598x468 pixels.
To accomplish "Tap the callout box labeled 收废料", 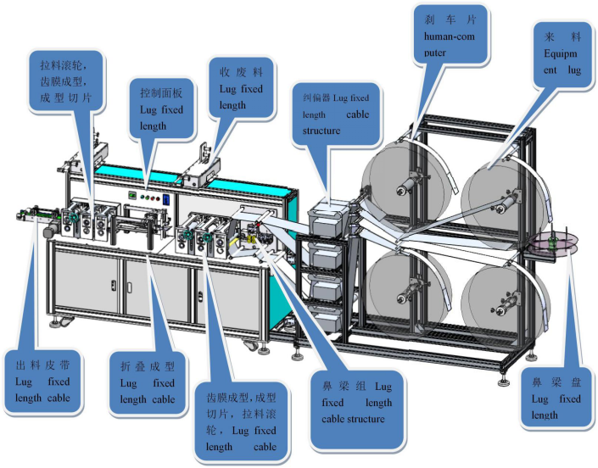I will pos(241,87).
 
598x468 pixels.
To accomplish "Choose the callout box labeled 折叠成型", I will pos(148,382).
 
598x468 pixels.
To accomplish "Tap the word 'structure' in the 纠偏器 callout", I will pos(321,131).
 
